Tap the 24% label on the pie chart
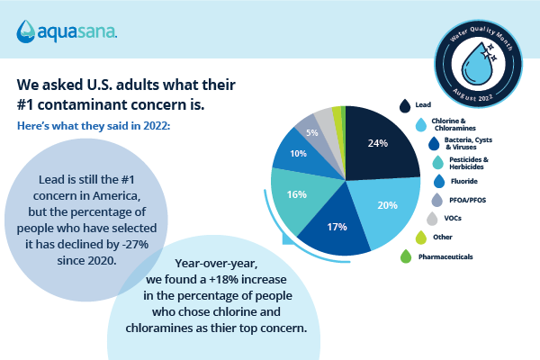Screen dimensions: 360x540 (377, 142)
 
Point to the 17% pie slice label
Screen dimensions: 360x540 (337, 227)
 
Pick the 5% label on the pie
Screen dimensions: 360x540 (311, 131)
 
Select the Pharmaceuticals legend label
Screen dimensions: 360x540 (446, 256)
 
